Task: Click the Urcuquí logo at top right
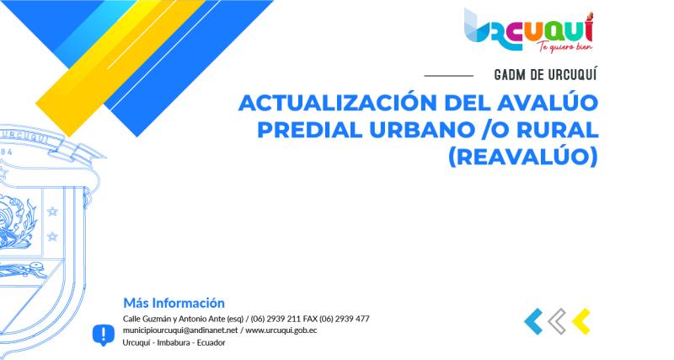tap(528, 27)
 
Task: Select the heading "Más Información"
tap(174, 302)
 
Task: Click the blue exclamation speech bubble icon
tap(103, 335)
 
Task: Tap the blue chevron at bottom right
tap(532, 320)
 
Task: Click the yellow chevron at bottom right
tap(580, 320)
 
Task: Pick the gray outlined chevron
tap(556, 320)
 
